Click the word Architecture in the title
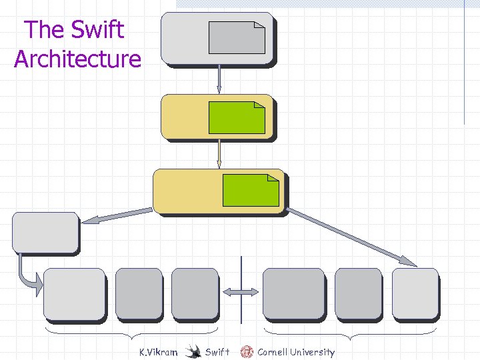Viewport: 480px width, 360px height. coord(77,59)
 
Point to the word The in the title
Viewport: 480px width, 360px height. coord(44,29)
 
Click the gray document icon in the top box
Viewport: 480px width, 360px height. coord(236,37)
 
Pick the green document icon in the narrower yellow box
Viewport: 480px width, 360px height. coord(236,117)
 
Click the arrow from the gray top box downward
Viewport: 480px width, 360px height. coord(219,81)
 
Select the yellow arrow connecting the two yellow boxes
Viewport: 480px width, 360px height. coord(219,155)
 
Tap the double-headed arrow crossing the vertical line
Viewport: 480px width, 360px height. coord(241,292)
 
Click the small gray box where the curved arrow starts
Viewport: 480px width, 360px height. coord(45,232)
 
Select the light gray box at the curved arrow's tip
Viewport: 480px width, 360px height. coord(74,293)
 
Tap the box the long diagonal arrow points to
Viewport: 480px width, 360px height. coord(415,293)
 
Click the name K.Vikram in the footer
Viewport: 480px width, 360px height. coord(158,352)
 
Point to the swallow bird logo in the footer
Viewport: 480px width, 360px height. coord(193,351)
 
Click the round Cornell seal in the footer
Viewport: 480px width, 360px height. coord(247,351)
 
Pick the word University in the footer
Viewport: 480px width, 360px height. coord(312,352)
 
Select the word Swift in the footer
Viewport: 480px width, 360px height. coord(217,352)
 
